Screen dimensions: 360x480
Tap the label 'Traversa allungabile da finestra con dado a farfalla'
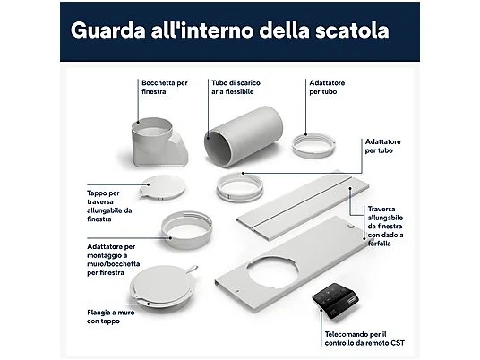coord(390,227)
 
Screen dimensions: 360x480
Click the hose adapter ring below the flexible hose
coord(240,189)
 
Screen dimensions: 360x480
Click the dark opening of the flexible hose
coord(219,146)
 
